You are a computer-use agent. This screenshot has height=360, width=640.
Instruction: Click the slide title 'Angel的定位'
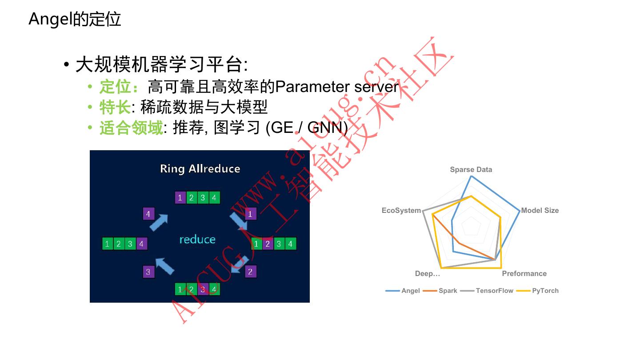click(x=75, y=19)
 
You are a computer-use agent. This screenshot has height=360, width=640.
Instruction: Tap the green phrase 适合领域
click(x=131, y=128)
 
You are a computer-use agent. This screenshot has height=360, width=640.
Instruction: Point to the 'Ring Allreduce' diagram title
click(x=200, y=169)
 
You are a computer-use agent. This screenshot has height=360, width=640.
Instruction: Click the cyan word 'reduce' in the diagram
click(x=197, y=240)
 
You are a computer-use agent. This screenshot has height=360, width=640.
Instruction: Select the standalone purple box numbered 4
click(x=148, y=214)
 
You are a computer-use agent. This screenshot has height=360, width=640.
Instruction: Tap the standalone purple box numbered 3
click(x=148, y=272)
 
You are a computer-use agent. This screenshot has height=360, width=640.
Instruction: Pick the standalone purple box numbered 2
click(x=250, y=272)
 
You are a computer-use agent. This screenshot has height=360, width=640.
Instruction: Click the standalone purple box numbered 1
click(x=250, y=214)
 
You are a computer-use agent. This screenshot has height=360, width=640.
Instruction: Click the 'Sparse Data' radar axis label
click(x=471, y=169)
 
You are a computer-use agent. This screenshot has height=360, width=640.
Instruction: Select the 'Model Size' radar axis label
click(x=540, y=210)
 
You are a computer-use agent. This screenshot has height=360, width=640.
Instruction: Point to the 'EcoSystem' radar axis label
click(x=401, y=210)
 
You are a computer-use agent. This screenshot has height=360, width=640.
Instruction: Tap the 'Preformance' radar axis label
click(x=524, y=273)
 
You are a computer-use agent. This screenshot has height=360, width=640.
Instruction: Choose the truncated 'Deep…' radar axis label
click(x=428, y=273)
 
